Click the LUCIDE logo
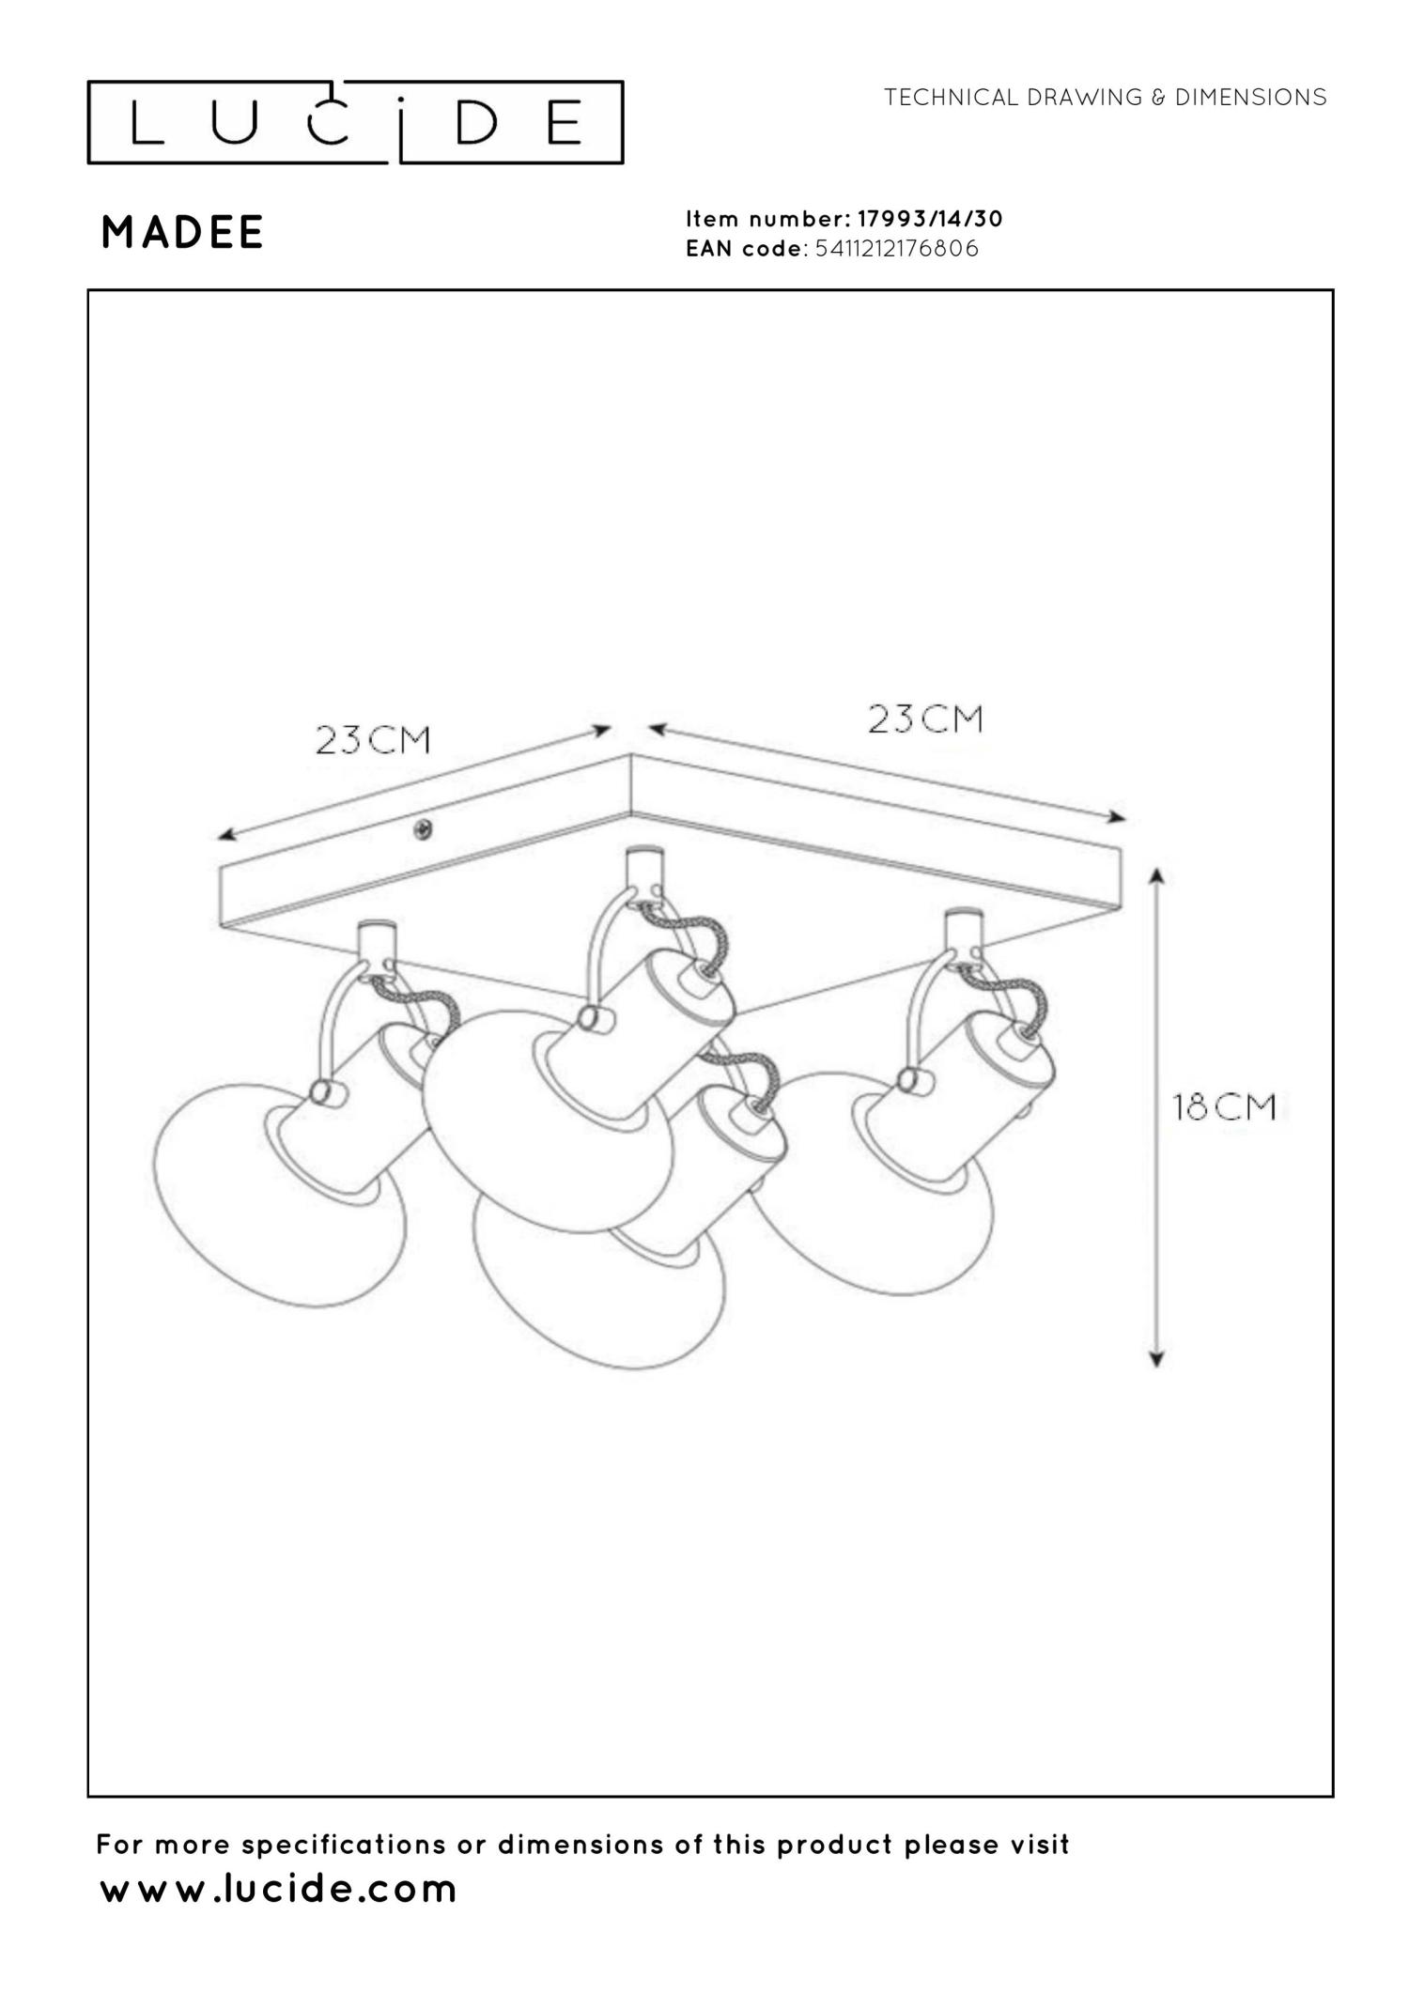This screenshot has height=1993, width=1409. pyautogui.click(x=355, y=123)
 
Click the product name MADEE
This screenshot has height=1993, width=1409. pyautogui.click(x=182, y=233)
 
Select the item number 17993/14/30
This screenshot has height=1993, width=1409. pyautogui.click(x=930, y=219)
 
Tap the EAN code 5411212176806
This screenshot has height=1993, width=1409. pyautogui.click(x=896, y=249)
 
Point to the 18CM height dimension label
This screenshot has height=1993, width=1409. pyautogui.click(x=1224, y=1107)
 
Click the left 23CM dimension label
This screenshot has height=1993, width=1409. pyautogui.click(x=373, y=740)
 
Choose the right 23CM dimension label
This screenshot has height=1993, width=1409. pyautogui.click(x=924, y=719)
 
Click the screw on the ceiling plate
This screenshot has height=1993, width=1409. pyautogui.click(x=424, y=829)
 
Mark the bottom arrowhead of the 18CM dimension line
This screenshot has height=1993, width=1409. pyautogui.click(x=1157, y=1358)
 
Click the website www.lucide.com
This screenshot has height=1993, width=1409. pyautogui.click(x=278, y=1889)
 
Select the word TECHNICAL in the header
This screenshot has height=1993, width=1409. pyautogui.click(x=951, y=98)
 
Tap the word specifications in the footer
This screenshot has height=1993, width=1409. pyautogui.click(x=345, y=1845)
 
